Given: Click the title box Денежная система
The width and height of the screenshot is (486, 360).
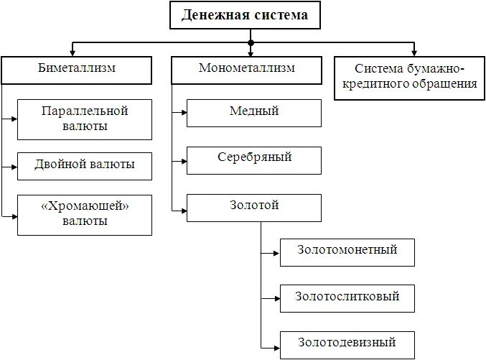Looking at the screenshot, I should pyautogui.click(x=245, y=15).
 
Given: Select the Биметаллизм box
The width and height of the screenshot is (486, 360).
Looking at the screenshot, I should pyautogui.click(x=77, y=70).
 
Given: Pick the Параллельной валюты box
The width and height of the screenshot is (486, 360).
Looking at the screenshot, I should pyautogui.click(x=85, y=119).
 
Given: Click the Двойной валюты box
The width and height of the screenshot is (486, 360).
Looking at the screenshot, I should pyautogui.click(x=85, y=165).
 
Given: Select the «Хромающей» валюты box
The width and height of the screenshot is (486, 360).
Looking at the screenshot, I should pyautogui.click(x=85, y=214).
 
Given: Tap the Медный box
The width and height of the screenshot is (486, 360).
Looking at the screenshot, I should pyautogui.click(x=253, y=112).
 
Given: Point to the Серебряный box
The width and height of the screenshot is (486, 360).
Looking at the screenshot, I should pyautogui.click(x=253, y=159).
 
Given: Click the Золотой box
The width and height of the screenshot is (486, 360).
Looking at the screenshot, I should pyautogui.click(x=253, y=206).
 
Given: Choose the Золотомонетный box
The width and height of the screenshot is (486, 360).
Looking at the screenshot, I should pyautogui.click(x=347, y=251).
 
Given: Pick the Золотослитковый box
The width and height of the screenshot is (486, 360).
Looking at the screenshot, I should pyautogui.click(x=347, y=297).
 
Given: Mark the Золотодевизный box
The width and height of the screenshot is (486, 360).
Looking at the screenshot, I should pyautogui.click(x=347, y=343).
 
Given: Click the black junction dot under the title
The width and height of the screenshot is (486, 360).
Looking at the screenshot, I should pyautogui.click(x=251, y=43).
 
